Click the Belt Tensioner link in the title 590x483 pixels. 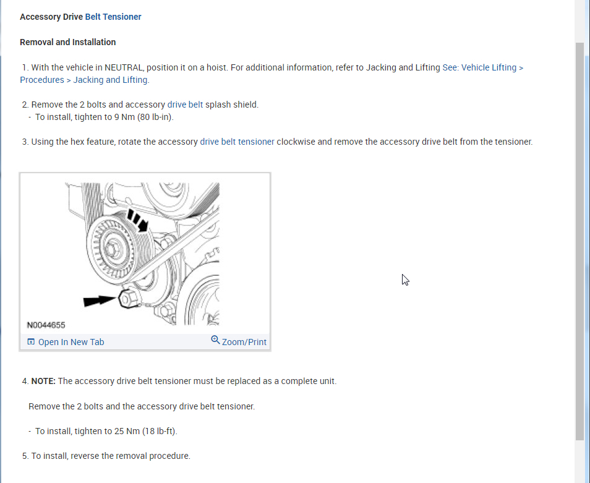pos(113,17)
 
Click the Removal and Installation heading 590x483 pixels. pos(68,42)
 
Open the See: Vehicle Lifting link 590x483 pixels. pos(483,67)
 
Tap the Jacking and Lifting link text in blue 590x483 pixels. pos(110,80)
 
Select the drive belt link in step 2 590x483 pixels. pos(185,105)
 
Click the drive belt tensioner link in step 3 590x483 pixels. pos(237,142)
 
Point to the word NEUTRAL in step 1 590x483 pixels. pos(124,67)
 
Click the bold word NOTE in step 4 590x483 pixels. pos(43,381)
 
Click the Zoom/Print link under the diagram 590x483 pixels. pos(244,342)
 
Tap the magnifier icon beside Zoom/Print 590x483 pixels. pos(215,340)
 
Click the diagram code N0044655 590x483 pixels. pos(46,325)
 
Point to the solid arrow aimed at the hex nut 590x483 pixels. pos(100,301)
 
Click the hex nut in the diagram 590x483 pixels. pos(128,299)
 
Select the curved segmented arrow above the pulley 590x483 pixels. pos(138,220)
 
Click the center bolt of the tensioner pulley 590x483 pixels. pos(112,249)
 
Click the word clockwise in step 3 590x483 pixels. pos(296,142)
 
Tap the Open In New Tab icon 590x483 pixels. pos(31,341)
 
